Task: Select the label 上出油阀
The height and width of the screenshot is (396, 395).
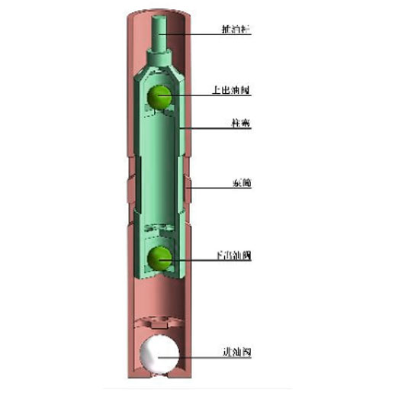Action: [231, 89]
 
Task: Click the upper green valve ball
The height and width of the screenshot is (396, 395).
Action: [161, 97]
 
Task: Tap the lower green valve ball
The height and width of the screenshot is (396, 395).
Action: [160, 259]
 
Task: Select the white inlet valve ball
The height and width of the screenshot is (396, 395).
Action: [161, 354]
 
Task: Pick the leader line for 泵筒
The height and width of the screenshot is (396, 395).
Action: [210, 185]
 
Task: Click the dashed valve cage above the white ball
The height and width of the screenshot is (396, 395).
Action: [161, 323]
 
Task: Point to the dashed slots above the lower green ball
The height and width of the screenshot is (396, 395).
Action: [161, 228]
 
